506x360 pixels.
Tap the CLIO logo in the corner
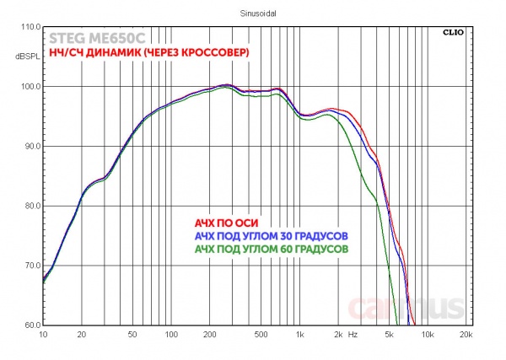click(453, 33)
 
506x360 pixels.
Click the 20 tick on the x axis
click(81, 335)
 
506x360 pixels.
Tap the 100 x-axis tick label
click(171, 335)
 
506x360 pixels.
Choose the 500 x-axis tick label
click(261, 335)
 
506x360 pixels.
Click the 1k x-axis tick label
click(299, 335)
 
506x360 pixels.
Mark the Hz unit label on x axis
click(353, 335)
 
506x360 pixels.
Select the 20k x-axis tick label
click(466, 335)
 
